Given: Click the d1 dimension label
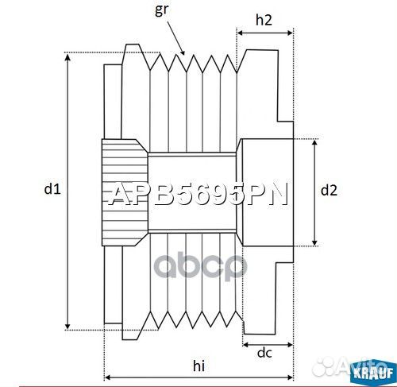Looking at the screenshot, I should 52,189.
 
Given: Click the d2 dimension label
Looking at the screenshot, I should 329,190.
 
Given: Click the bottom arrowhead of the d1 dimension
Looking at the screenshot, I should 69,326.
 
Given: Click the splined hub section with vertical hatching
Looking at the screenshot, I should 124,192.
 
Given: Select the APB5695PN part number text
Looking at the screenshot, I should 198,195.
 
